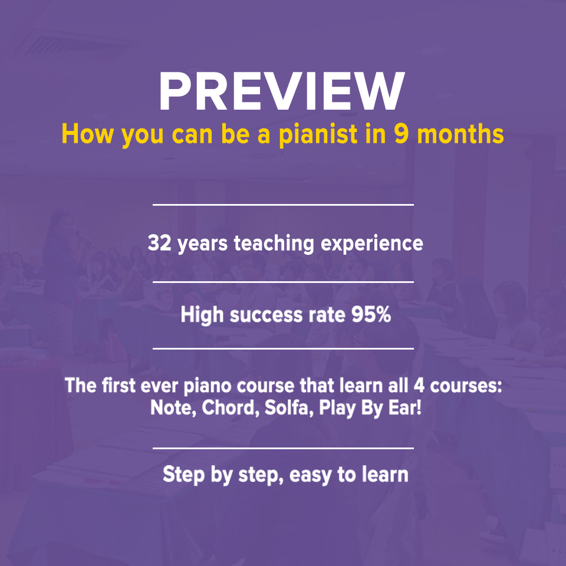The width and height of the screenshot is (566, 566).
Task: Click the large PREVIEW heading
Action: pos(282,91)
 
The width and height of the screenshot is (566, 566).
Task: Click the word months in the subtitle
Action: pos(460,134)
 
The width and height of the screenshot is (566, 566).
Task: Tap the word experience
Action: pos(372,243)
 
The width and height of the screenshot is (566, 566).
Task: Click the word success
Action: pos(266,315)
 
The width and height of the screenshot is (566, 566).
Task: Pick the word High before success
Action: pos(202,315)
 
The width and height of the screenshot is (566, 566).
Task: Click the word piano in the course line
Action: pos(207,386)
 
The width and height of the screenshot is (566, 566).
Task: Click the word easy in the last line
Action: pos(310,475)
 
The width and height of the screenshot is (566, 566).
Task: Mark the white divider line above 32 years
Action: pos(283,205)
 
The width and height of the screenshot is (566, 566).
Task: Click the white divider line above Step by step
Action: pos(283,448)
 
